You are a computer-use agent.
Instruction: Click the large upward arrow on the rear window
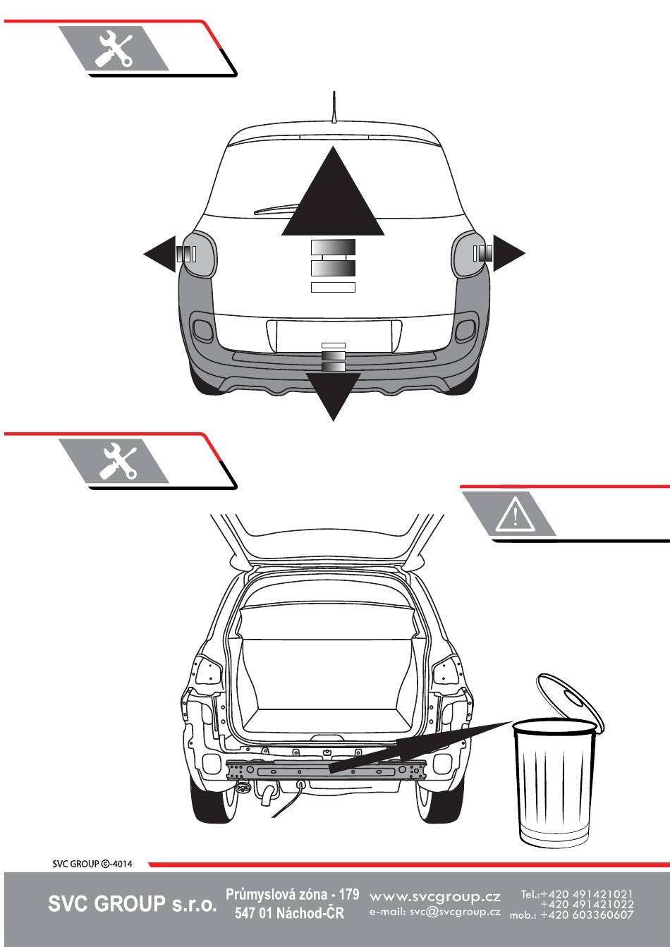(333, 199)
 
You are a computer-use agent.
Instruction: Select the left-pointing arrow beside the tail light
(161, 254)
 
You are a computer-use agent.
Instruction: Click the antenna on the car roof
(334, 107)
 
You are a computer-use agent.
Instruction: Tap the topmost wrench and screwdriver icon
(114, 48)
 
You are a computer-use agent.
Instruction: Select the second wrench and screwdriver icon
(117, 461)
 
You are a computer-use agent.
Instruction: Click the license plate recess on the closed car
(334, 336)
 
